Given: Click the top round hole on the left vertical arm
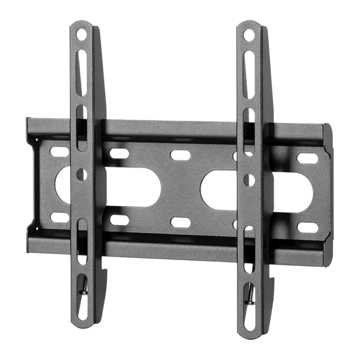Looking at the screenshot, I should point(81,33).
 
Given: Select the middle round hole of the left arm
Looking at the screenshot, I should point(81,174).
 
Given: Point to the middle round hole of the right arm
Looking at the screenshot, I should point(249,180).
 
